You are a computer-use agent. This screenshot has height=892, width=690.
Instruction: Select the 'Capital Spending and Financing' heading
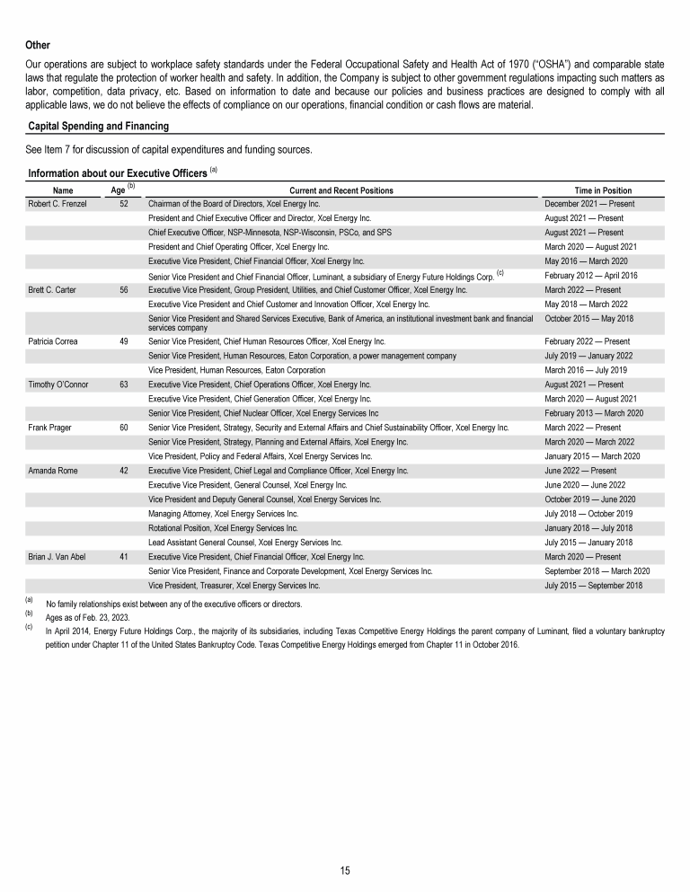[x=99, y=126]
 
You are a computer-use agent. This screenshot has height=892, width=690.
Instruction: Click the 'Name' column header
[x=63, y=190]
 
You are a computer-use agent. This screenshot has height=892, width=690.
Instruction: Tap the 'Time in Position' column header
[x=603, y=190]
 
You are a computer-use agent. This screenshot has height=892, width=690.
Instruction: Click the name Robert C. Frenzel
[x=58, y=205]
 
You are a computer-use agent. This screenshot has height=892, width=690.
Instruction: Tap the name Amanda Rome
[x=53, y=470]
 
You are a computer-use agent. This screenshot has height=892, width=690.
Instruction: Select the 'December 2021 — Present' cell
[x=590, y=205]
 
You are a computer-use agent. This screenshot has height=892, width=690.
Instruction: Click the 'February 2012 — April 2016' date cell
[x=591, y=275]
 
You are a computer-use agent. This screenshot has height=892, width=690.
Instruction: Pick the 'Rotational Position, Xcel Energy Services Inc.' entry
[x=223, y=528]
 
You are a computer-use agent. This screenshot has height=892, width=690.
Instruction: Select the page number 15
[x=345, y=870]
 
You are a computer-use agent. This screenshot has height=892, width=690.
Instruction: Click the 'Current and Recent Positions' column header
[x=341, y=190]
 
